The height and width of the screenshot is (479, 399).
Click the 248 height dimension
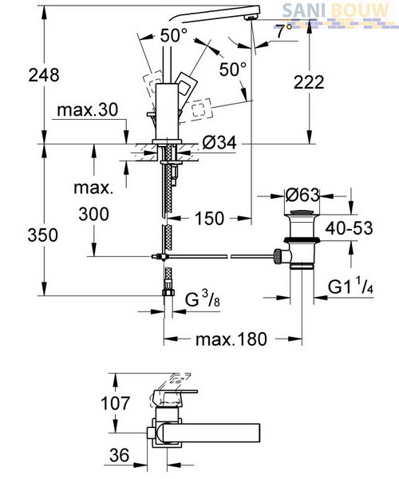coord(44,75)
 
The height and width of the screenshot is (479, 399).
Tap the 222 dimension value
coord(309,82)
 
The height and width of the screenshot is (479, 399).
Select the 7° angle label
coord(284,30)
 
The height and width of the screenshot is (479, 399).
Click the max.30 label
coord(87,109)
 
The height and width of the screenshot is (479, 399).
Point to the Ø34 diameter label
coord(219,142)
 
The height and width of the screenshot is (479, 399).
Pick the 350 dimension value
coord(43,236)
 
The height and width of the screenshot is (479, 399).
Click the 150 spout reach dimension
coord(209,219)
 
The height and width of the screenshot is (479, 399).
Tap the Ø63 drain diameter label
coord(302,195)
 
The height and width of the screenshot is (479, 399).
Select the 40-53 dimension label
coord(349,228)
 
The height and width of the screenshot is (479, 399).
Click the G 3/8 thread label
coord(203,299)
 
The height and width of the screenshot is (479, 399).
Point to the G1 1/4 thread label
coord(351,287)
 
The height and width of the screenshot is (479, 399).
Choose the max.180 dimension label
coord(231,339)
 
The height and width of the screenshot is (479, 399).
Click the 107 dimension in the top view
coord(116,403)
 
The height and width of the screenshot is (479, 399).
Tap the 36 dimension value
coord(120,455)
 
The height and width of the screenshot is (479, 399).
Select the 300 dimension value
coord(93,214)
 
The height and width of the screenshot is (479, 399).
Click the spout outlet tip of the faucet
coord(251,18)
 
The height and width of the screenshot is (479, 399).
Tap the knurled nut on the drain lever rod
coord(278,256)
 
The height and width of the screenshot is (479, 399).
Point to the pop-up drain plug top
coord(302,212)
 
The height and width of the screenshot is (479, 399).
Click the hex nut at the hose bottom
coord(168,292)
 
